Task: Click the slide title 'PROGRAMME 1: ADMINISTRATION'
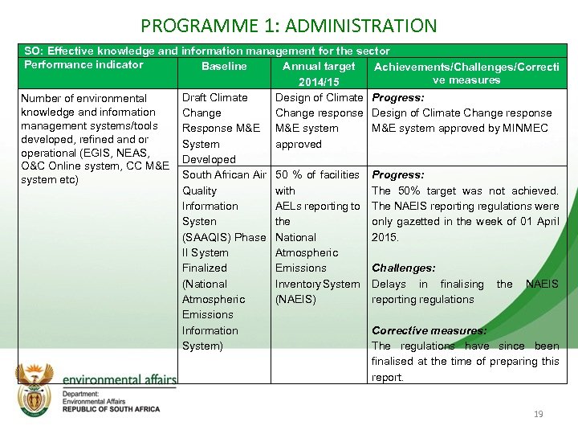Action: click(289, 27)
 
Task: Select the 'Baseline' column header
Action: click(224, 66)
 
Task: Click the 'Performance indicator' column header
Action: click(83, 65)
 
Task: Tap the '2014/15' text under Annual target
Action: click(319, 82)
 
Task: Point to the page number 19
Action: click(538, 414)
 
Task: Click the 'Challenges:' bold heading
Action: click(403, 268)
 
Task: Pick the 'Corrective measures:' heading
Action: click(429, 330)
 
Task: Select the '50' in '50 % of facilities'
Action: click(282, 175)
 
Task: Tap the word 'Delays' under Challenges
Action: click(388, 284)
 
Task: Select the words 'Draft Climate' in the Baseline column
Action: click(215, 97)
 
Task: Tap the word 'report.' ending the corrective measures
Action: click(388, 377)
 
